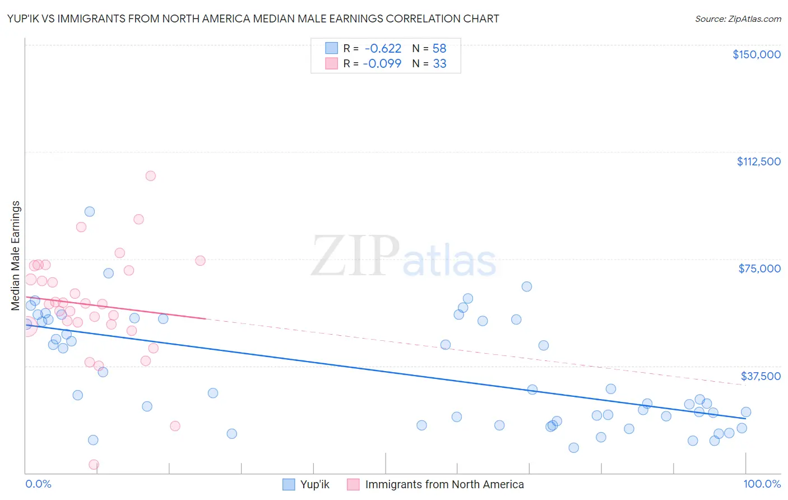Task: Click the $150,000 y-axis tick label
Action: click(756, 54)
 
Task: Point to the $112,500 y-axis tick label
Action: click(758, 161)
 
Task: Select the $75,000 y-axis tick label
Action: click(759, 268)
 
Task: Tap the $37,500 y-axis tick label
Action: click(761, 376)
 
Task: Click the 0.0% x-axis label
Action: click(38, 484)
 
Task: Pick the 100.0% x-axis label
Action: click(762, 484)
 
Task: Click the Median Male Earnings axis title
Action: click(16, 255)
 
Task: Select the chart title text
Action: click(253, 18)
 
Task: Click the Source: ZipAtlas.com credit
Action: click(738, 18)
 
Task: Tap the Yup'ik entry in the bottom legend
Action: click(306, 484)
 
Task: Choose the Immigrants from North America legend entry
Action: click(435, 484)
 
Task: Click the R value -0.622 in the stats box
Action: click(383, 49)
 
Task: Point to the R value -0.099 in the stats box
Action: click(382, 64)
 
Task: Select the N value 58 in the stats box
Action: click(439, 49)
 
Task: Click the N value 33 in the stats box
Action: click(439, 64)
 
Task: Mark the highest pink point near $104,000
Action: click(150, 176)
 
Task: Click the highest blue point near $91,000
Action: click(90, 212)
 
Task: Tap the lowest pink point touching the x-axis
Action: click(94, 465)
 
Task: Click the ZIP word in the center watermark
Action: click(355, 257)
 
